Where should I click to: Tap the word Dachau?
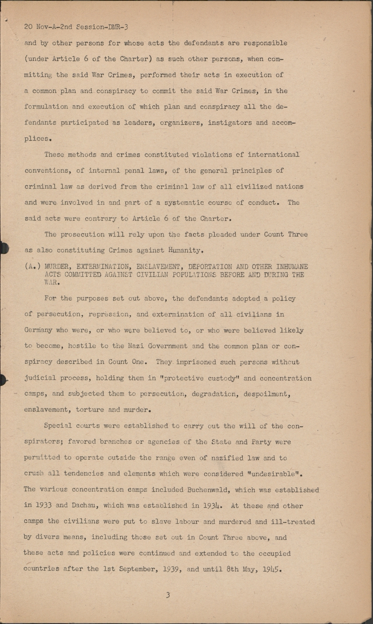84,505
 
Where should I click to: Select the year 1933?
43,505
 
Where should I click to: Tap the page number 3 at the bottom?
168,595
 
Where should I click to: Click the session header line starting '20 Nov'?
76,27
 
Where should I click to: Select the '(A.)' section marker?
32,267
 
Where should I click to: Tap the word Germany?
38,330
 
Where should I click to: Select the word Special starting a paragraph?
58,426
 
